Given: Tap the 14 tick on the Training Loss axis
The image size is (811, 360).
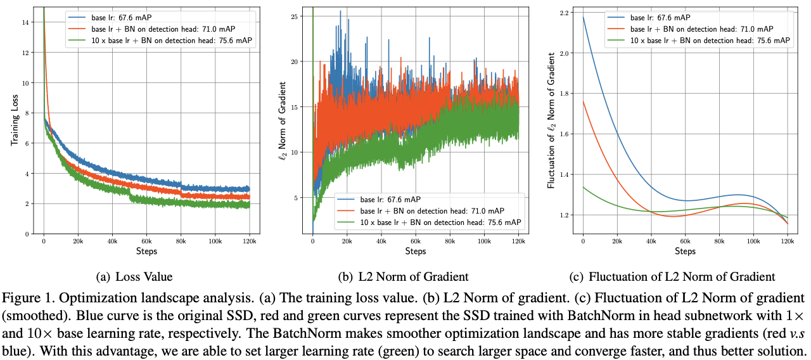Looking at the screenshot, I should pos(24,22).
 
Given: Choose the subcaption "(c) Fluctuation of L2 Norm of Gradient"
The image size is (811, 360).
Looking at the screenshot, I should pos(682,276).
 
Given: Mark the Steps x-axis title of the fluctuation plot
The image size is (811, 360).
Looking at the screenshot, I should pos(684,252).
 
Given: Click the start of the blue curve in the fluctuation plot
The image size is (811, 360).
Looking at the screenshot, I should pos(584,17).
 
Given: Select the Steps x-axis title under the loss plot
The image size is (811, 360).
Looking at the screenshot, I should pos(146,252).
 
